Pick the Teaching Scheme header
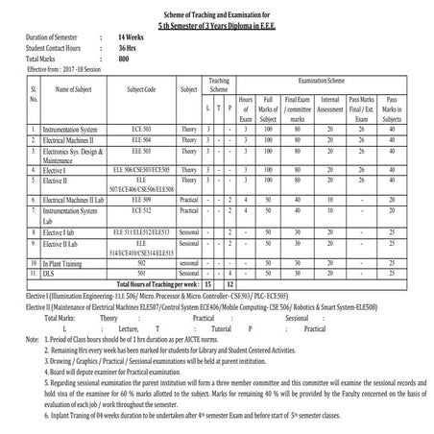tap(219, 85)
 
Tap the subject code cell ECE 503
tap(142, 128)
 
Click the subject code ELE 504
tap(142, 139)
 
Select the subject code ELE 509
tap(142, 200)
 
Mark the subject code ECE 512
tap(142, 210)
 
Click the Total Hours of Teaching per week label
tap(155, 284)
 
